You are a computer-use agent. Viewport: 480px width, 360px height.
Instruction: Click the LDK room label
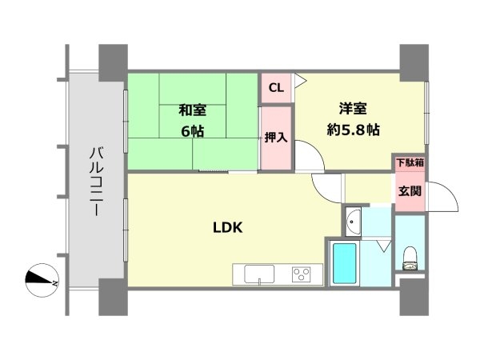(227, 226)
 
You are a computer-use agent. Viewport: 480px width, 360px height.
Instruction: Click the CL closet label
(274, 88)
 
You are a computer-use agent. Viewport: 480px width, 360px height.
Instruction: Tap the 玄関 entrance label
(410, 191)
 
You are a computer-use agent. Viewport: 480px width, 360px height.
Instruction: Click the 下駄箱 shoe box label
(410, 163)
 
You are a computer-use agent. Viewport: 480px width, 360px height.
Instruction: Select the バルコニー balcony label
(95, 182)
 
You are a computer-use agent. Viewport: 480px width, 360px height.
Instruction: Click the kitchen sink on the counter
(258, 276)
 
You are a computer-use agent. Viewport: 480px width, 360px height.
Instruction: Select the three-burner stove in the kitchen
(302, 275)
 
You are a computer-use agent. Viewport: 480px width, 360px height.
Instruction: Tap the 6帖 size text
(190, 131)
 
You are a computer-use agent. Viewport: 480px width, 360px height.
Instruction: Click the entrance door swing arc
(442, 197)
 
